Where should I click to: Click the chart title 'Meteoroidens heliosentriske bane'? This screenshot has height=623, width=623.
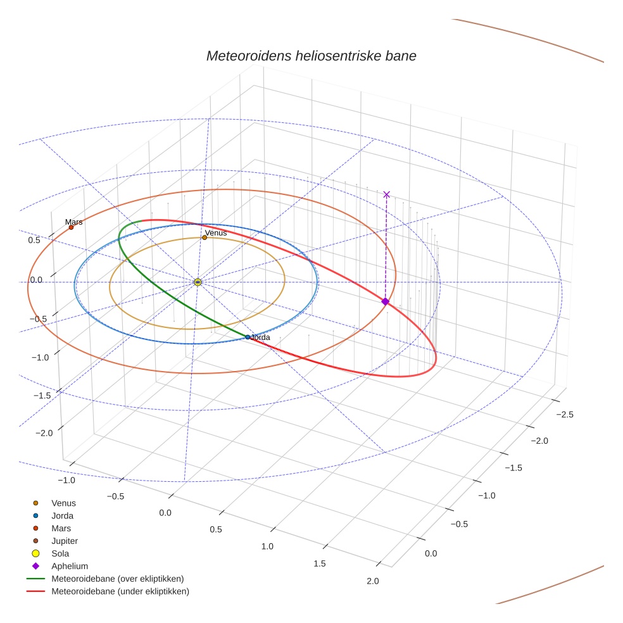click(x=311, y=56)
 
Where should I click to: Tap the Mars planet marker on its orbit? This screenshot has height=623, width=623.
click(x=71, y=227)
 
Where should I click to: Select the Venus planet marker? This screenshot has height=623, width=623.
click(x=205, y=237)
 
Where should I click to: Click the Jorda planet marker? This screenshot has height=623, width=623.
click(x=248, y=337)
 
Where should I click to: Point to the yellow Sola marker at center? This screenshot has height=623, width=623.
click(x=198, y=282)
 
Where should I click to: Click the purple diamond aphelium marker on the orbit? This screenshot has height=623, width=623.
click(x=385, y=301)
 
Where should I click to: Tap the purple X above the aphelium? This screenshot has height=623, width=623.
click(x=387, y=194)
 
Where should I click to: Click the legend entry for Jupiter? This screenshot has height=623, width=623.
click(x=64, y=541)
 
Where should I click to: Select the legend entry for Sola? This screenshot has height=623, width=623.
click(x=60, y=553)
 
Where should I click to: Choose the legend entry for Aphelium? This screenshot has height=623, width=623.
click(x=69, y=566)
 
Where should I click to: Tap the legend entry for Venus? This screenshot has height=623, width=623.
click(x=63, y=503)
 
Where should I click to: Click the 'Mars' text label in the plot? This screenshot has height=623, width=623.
click(x=73, y=222)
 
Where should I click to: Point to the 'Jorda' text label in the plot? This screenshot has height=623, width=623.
click(x=261, y=337)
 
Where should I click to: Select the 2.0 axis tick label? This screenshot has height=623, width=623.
click(x=372, y=582)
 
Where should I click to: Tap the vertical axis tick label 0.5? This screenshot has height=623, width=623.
click(x=34, y=240)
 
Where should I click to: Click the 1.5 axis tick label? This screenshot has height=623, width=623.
click(x=320, y=563)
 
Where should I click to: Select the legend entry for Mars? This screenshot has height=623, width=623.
click(x=61, y=528)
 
